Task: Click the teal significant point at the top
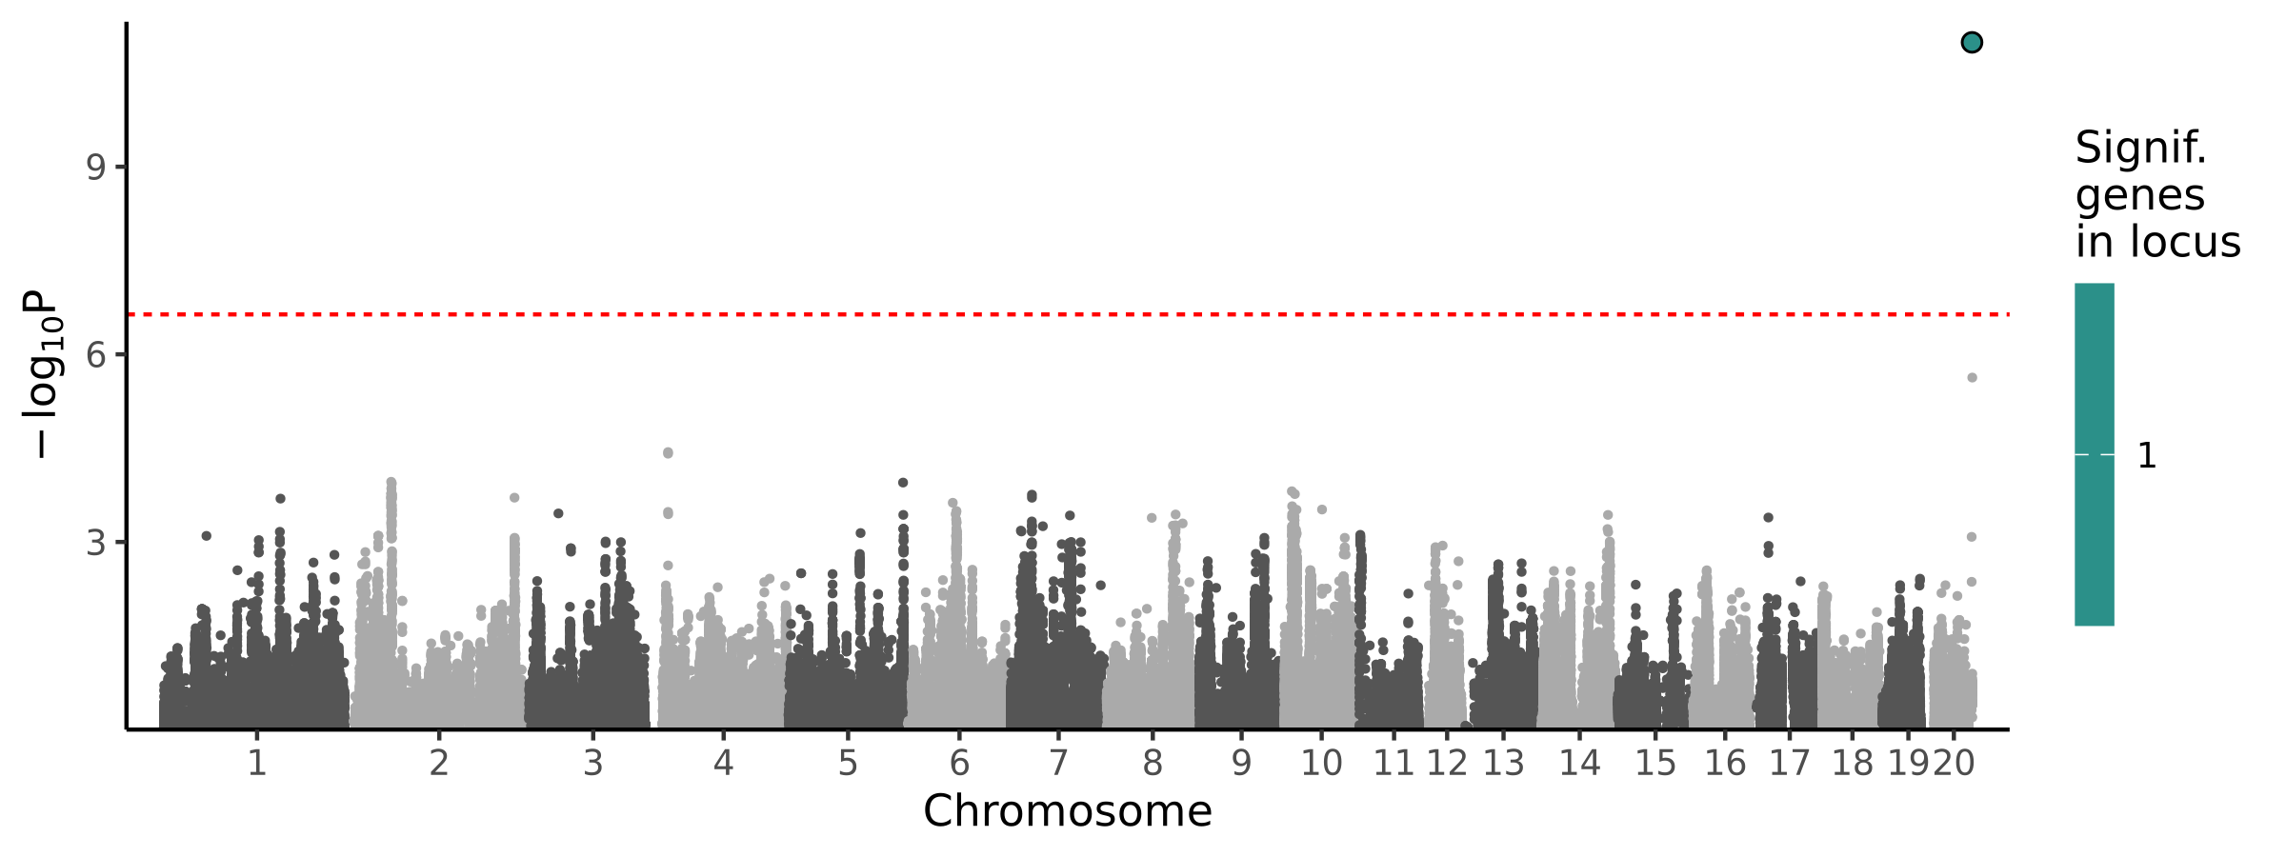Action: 1972,42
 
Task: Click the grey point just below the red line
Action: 1972,378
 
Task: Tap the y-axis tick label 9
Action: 95,168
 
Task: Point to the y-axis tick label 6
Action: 95,355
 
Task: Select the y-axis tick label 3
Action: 95,543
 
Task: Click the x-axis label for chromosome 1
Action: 256,763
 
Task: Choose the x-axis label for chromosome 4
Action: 723,763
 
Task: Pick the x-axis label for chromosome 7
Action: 1057,763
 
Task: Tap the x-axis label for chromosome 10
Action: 1321,763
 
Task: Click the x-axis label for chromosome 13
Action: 1503,763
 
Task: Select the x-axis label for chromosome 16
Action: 1725,763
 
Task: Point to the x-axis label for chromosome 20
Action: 1954,763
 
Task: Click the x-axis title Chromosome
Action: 1067,811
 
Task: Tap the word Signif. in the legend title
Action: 2140,149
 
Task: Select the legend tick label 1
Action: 2147,456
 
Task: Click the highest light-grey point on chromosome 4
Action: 668,453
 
